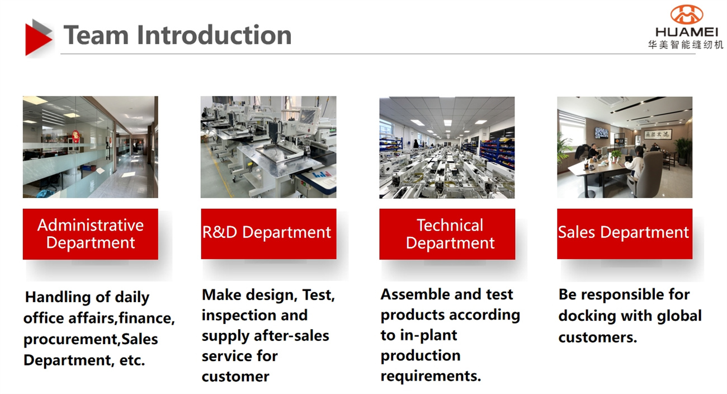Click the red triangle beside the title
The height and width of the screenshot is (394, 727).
pyautogui.click(x=36, y=40)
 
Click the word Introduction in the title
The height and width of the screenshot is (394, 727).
pyautogui.click(x=215, y=35)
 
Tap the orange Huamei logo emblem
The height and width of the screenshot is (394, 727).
pyautogui.click(x=687, y=15)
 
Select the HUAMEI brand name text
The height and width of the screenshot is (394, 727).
pyautogui.click(x=686, y=32)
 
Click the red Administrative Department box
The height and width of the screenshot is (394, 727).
pyautogui.click(x=91, y=234)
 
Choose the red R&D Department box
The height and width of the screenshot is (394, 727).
pyautogui.click(x=269, y=233)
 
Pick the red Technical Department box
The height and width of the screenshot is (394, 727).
pyautogui.click(x=447, y=234)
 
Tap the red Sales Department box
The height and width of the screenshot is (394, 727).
pyautogui.click(x=625, y=233)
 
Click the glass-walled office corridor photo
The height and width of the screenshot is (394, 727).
pyautogui.click(x=91, y=147)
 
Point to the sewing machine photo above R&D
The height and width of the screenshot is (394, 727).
pyautogui.click(x=268, y=147)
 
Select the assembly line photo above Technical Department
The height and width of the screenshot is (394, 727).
pyautogui.click(x=447, y=147)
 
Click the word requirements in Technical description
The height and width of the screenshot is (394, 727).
pyautogui.click(x=431, y=376)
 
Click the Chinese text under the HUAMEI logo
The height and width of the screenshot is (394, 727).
pyautogui.click(x=686, y=45)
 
